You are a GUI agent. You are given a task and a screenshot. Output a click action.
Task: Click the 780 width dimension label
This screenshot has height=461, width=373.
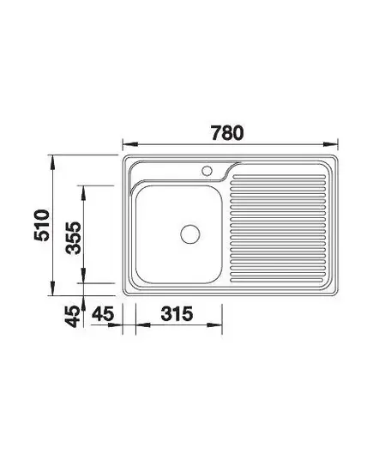[227, 133]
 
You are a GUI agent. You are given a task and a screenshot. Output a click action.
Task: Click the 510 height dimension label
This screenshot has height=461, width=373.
[42, 225]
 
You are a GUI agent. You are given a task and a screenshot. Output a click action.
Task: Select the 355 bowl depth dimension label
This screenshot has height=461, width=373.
[73, 238]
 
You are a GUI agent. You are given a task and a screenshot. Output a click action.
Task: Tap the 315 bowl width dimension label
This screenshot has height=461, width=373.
[177, 313]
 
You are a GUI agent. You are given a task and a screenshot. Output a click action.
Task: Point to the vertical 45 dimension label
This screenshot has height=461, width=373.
[72, 317]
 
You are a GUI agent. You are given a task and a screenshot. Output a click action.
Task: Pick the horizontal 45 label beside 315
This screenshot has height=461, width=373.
[103, 313]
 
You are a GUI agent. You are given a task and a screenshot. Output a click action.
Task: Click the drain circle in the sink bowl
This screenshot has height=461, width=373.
[190, 234]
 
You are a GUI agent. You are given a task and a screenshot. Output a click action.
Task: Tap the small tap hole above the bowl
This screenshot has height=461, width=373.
[207, 171]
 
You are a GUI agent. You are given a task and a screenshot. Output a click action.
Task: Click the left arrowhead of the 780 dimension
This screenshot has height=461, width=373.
[130, 144]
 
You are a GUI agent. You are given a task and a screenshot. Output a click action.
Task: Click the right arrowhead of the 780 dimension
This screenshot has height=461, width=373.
[330, 144]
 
